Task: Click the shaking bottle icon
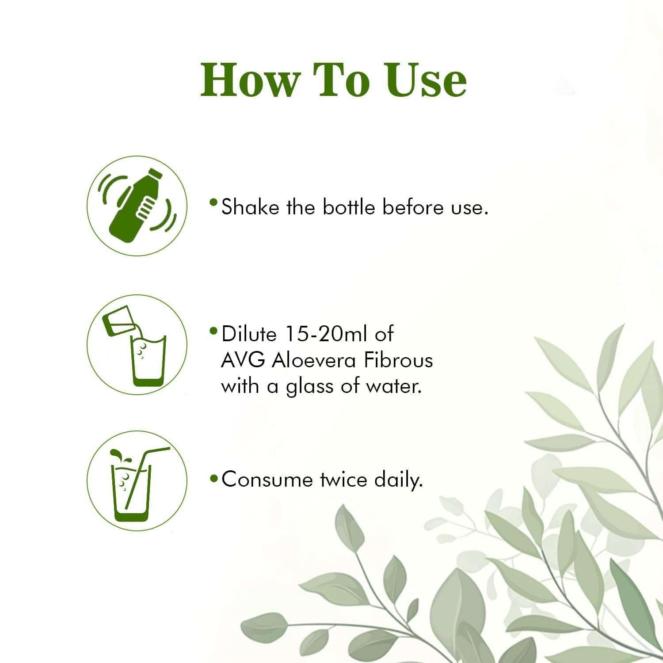(x=137, y=206)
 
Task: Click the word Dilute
(x=249, y=334)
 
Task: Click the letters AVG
(x=243, y=361)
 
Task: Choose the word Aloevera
(x=313, y=361)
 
